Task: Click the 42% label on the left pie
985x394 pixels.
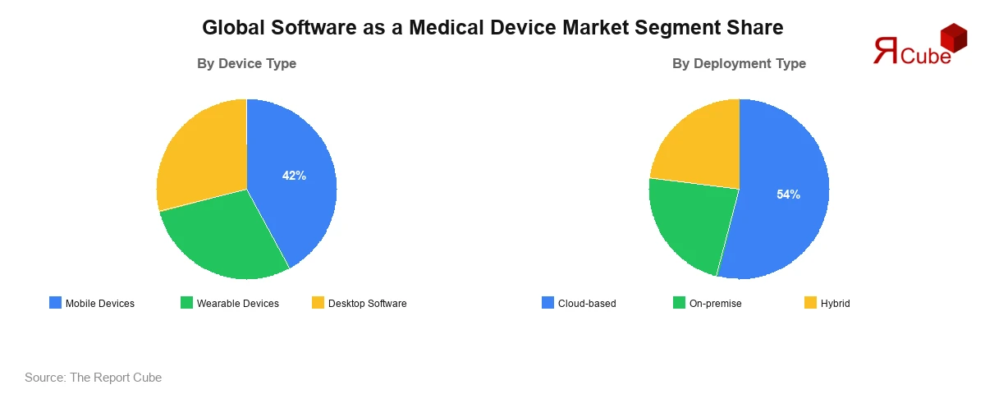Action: click(294, 175)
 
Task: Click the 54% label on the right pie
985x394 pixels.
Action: click(788, 195)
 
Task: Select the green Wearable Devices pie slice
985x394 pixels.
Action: click(222, 238)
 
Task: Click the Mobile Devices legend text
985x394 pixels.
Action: click(99, 304)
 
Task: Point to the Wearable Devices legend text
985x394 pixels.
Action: click(237, 304)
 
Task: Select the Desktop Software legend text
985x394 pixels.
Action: click(367, 304)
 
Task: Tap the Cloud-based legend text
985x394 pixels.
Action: click(587, 304)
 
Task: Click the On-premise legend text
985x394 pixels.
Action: click(715, 304)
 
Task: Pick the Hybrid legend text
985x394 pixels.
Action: click(835, 304)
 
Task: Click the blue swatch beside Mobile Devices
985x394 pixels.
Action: click(55, 303)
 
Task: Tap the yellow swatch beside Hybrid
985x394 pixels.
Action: click(810, 303)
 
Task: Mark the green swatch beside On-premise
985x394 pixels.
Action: click(679, 303)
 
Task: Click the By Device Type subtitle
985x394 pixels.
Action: click(246, 63)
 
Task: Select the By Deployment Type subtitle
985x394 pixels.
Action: click(739, 63)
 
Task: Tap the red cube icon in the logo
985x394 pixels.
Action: click(953, 37)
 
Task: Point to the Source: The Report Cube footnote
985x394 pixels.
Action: click(93, 378)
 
